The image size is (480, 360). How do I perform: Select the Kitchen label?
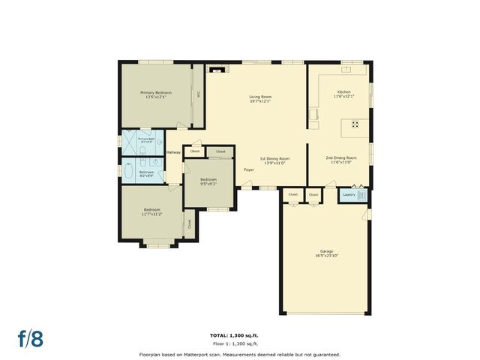(x=343, y=94)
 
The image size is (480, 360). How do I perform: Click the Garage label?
(x=325, y=252)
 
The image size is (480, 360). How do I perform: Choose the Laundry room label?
(x=349, y=195)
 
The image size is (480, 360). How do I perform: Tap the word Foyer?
(x=248, y=170)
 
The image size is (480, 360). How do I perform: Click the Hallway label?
(x=174, y=152)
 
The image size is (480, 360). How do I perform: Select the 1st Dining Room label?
(x=274, y=160)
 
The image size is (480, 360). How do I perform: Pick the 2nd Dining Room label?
(x=340, y=159)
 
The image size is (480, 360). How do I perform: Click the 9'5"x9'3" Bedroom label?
(x=208, y=181)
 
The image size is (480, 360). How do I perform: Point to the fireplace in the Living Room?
(x=216, y=70)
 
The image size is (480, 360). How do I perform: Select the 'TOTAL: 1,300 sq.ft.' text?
(x=240, y=335)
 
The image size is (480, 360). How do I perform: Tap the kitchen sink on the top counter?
(x=347, y=69)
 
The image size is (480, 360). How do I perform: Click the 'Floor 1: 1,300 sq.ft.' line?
(x=240, y=343)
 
